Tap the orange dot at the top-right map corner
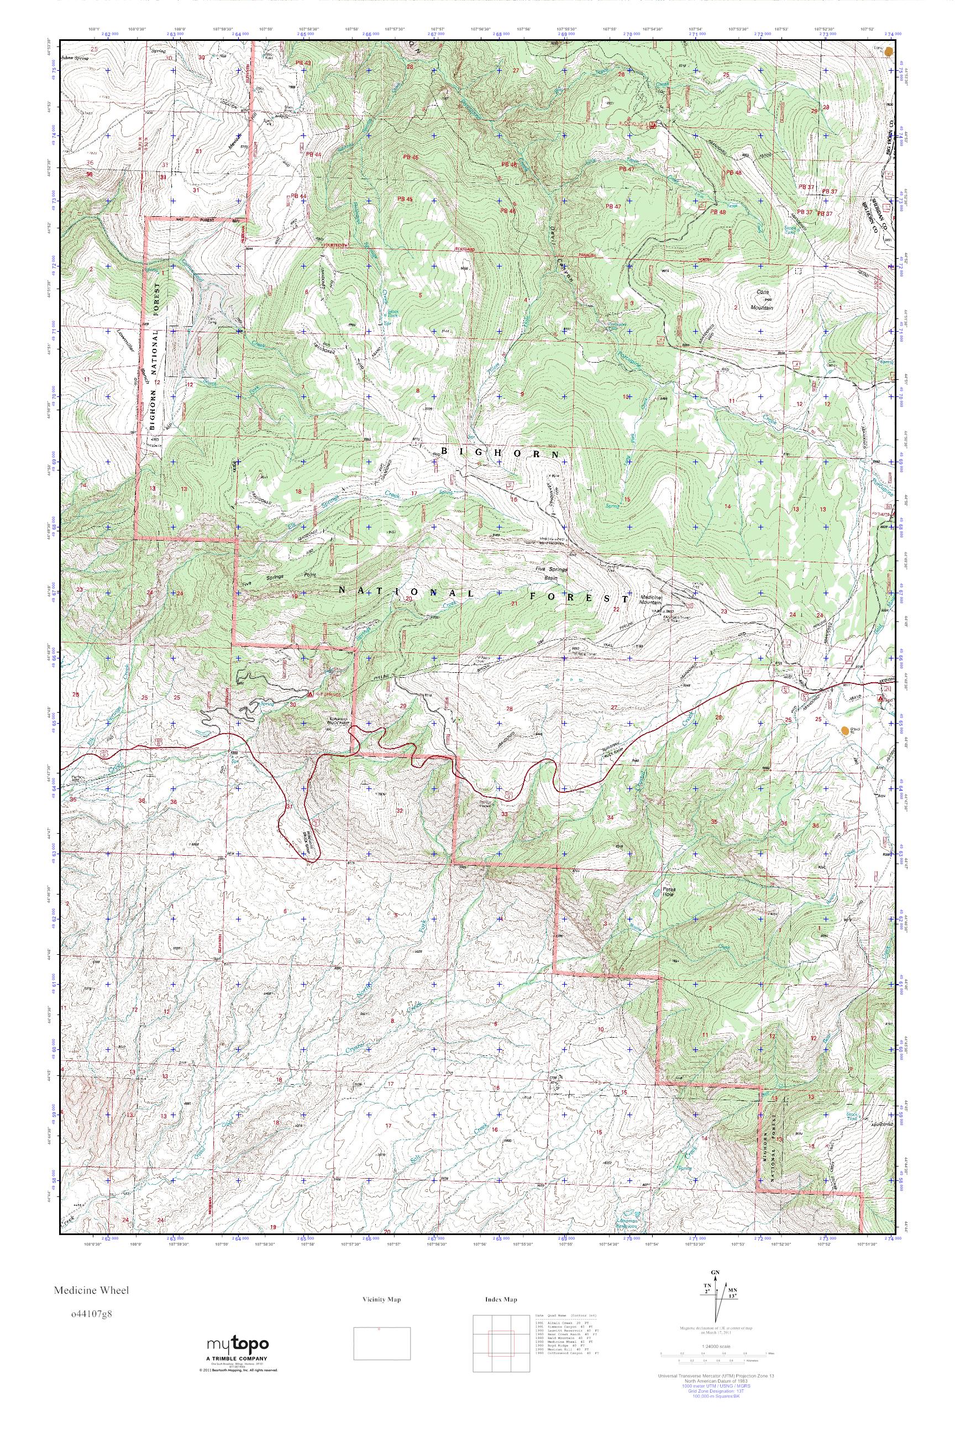(x=890, y=51)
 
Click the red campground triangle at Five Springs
(x=311, y=694)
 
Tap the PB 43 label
(x=303, y=63)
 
